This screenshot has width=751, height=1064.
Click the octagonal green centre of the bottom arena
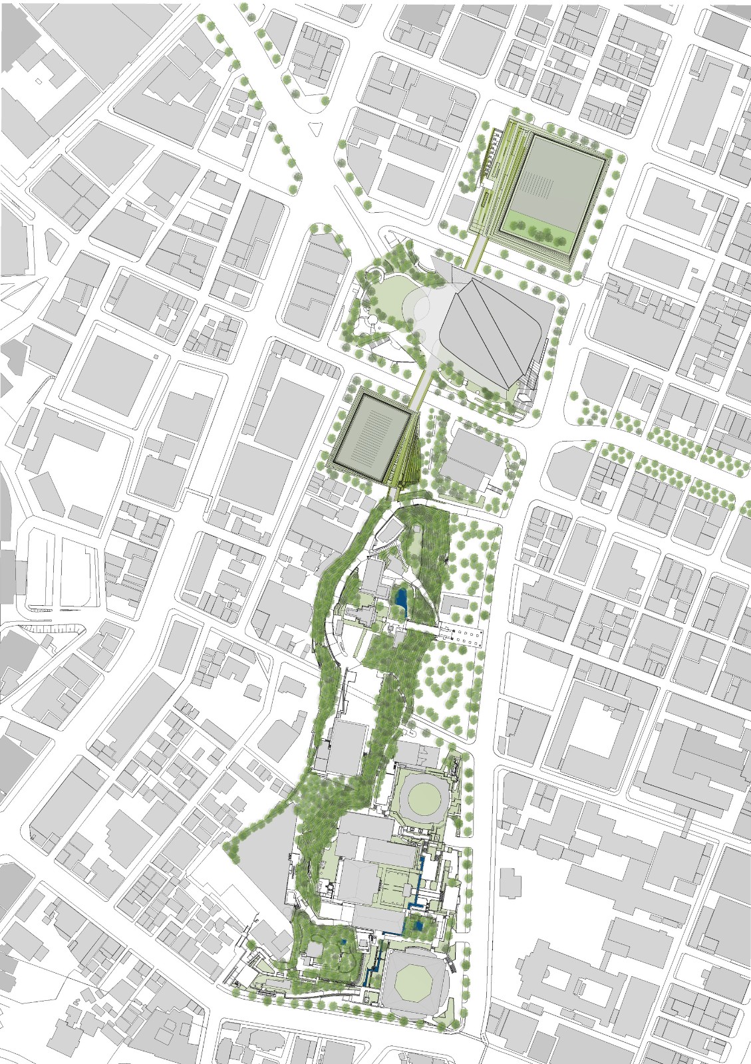coord(414,984)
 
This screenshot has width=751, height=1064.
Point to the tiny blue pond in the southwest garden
coord(342,942)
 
